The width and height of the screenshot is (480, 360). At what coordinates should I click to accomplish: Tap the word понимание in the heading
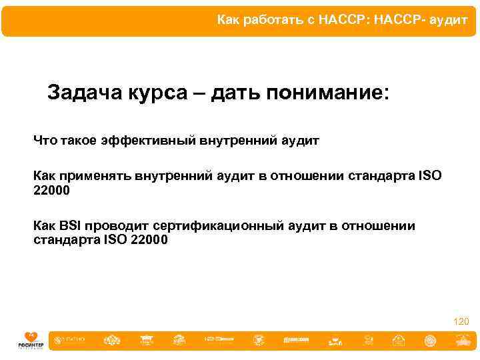coord(325,93)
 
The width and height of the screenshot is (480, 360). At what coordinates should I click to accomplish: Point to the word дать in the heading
coord(237,93)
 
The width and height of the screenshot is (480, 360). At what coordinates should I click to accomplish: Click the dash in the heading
coord(200,93)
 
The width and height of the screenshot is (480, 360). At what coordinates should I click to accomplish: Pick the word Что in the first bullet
coord(45,141)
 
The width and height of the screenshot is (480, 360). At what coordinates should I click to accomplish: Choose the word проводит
coord(110,226)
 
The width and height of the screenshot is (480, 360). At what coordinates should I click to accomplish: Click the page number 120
coord(461,321)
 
